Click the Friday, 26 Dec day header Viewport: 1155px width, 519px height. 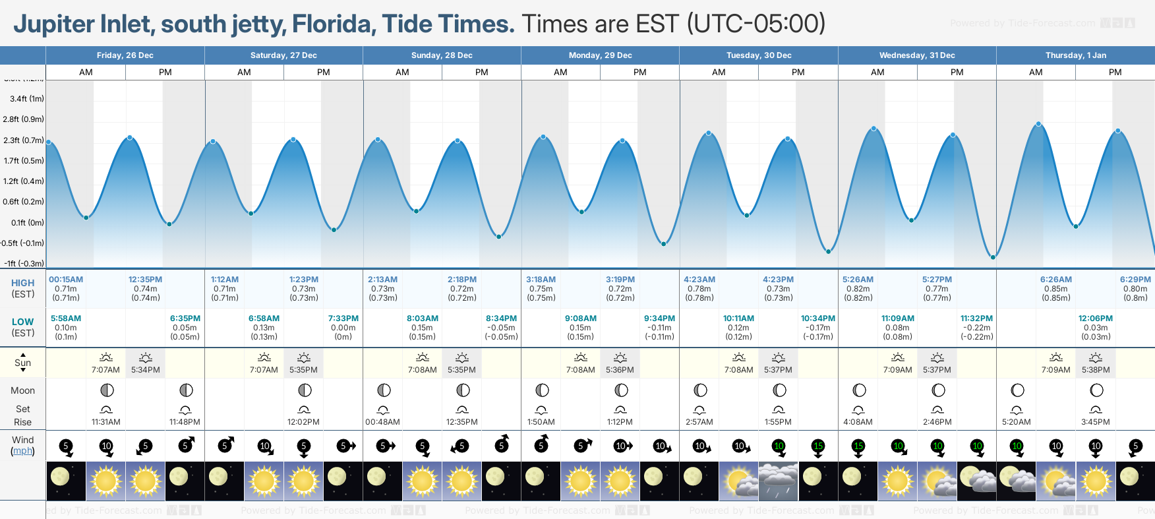pyautogui.click(x=125, y=55)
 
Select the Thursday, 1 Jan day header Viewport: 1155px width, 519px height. pyautogui.click(x=1075, y=55)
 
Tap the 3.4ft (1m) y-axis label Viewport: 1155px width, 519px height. pyautogui.click(x=27, y=99)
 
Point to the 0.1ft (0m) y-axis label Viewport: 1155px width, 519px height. pyautogui.click(x=27, y=223)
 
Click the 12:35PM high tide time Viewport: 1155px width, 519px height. pyautogui.click(x=145, y=280)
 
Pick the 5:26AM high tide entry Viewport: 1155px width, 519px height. pyautogui.click(x=858, y=280)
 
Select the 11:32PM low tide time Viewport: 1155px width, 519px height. pyautogui.click(x=976, y=319)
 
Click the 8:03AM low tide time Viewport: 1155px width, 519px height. pyautogui.click(x=422, y=319)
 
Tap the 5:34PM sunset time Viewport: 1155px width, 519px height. pyautogui.click(x=145, y=370)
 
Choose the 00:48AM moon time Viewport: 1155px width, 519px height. pyautogui.click(x=382, y=422)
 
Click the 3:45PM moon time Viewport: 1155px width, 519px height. pyautogui.click(x=1095, y=422)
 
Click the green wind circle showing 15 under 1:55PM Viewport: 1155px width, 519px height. pyautogui.click(x=818, y=446)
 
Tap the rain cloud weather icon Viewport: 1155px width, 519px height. pyautogui.click(x=778, y=481)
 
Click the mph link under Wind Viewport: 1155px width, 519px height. pyautogui.click(x=22, y=451)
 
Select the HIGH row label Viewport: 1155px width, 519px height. pyautogui.click(x=22, y=283)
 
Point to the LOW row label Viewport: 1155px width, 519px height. pyautogui.click(x=22, y=322)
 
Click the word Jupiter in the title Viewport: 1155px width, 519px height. pyautogui.click(x=54, y=24)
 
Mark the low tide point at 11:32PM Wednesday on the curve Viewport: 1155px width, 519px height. pyautogui.click(x=993, y=257)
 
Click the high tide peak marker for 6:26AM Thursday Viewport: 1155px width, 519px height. pyautogui.click(x=1038, y=124)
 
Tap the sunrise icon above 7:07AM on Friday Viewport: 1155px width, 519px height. pyautogui.click(x=105, y=357)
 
